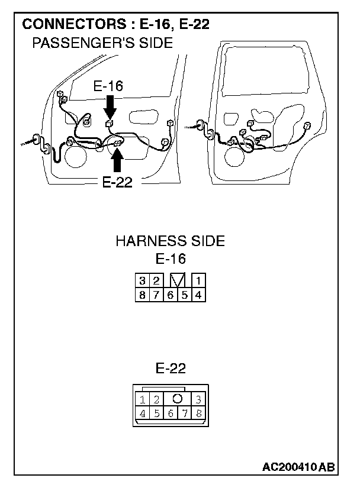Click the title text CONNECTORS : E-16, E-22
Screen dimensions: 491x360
coord(115,25)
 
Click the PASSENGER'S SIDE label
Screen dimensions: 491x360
coord(102,43)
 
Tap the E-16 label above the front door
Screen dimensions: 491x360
coord(108,86)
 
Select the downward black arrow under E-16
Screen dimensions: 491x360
coord(110,109)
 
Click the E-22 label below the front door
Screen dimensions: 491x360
coord(117,182)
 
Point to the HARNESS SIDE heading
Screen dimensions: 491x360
coord(171,241)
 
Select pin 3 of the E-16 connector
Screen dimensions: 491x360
coord(143,280)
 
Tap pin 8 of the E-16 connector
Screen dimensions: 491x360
coord(143,294)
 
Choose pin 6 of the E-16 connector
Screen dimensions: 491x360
coord(171,294)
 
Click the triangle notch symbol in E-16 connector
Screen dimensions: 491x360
coord(177,280)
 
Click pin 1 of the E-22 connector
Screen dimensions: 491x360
coord(144,400)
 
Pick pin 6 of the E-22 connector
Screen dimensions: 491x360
coord(171,414)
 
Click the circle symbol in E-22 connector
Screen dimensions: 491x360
coord(177,399)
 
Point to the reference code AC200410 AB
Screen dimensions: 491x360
coord(298,467)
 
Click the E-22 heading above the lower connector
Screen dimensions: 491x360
coord(171,369)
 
